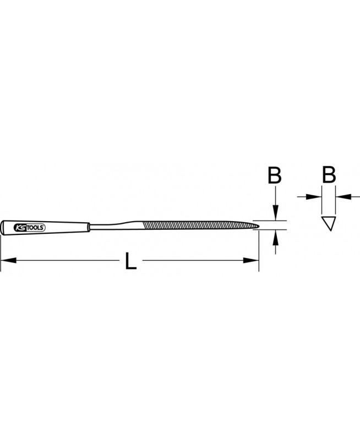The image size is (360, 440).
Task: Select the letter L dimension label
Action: pos(130,261)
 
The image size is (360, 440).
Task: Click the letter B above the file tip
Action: pos(274,175)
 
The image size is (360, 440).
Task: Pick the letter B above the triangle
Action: pos(329,175)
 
